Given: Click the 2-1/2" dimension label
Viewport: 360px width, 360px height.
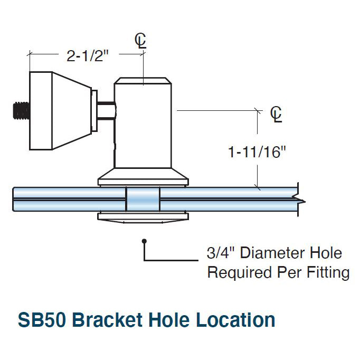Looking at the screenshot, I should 88,55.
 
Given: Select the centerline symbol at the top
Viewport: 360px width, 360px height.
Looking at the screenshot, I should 140,42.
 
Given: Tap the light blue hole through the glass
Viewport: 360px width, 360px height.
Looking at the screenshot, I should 143,201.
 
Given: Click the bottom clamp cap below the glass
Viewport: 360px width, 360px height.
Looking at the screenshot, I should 143,217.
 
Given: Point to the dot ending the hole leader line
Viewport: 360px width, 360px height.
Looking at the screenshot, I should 144,242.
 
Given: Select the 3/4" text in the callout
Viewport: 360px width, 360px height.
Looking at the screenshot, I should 222,253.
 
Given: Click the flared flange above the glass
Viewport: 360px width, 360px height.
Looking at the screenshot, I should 143,178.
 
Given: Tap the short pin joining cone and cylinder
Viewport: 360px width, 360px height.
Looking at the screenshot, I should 107,111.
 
